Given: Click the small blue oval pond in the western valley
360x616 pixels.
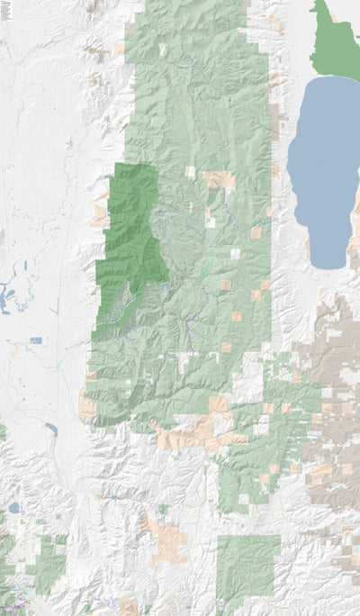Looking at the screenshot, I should tap(50, 430).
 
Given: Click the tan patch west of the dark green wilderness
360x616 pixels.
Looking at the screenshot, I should tap(100, 214).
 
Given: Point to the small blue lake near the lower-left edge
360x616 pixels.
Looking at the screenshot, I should tap(14, 508).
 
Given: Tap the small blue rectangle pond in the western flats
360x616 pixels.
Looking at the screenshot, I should tap(36, 340).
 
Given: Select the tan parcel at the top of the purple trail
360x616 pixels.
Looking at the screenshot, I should tap(218, 178).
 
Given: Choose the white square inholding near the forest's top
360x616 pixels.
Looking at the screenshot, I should tap(163, 50).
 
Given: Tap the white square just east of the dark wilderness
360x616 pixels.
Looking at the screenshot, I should tap(190, 170).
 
